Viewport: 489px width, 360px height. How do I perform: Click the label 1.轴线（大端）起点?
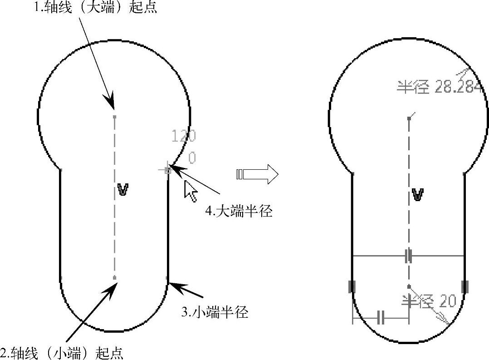click(x=96, y=8)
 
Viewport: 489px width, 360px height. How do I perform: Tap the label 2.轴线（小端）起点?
click(x=62, y=353)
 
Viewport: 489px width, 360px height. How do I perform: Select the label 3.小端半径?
click(x=215, y=312)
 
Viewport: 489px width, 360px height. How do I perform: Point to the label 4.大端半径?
click(x=239, y=211)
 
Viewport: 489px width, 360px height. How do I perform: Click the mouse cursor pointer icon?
click(x=191, y=191)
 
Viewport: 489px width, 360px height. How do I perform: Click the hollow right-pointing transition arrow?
click(x=257, y=174)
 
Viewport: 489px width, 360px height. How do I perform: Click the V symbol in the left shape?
click(x=122, y=189)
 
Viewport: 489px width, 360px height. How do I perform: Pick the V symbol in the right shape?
click(x=418, y=195)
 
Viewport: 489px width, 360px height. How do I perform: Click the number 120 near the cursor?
click(x=184, y=136)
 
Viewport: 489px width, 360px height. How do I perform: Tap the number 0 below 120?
click(x=192, y=158)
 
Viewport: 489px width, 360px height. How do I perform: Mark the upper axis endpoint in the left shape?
click(x=114, y=117)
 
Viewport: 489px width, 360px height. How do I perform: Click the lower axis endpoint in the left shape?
click(x=114, y=277)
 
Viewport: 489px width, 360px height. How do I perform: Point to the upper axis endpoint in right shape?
click(x=409, y=118)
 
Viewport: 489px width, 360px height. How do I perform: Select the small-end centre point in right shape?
click(x=409, y=286)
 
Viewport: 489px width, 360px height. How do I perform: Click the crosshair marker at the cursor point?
click(x=167, y=170)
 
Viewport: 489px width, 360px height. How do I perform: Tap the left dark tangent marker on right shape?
click(x=352, y=286)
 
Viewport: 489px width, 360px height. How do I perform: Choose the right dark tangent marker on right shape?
click(x=465, y=286)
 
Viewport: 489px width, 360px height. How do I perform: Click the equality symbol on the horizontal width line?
click(x=409, y=256)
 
